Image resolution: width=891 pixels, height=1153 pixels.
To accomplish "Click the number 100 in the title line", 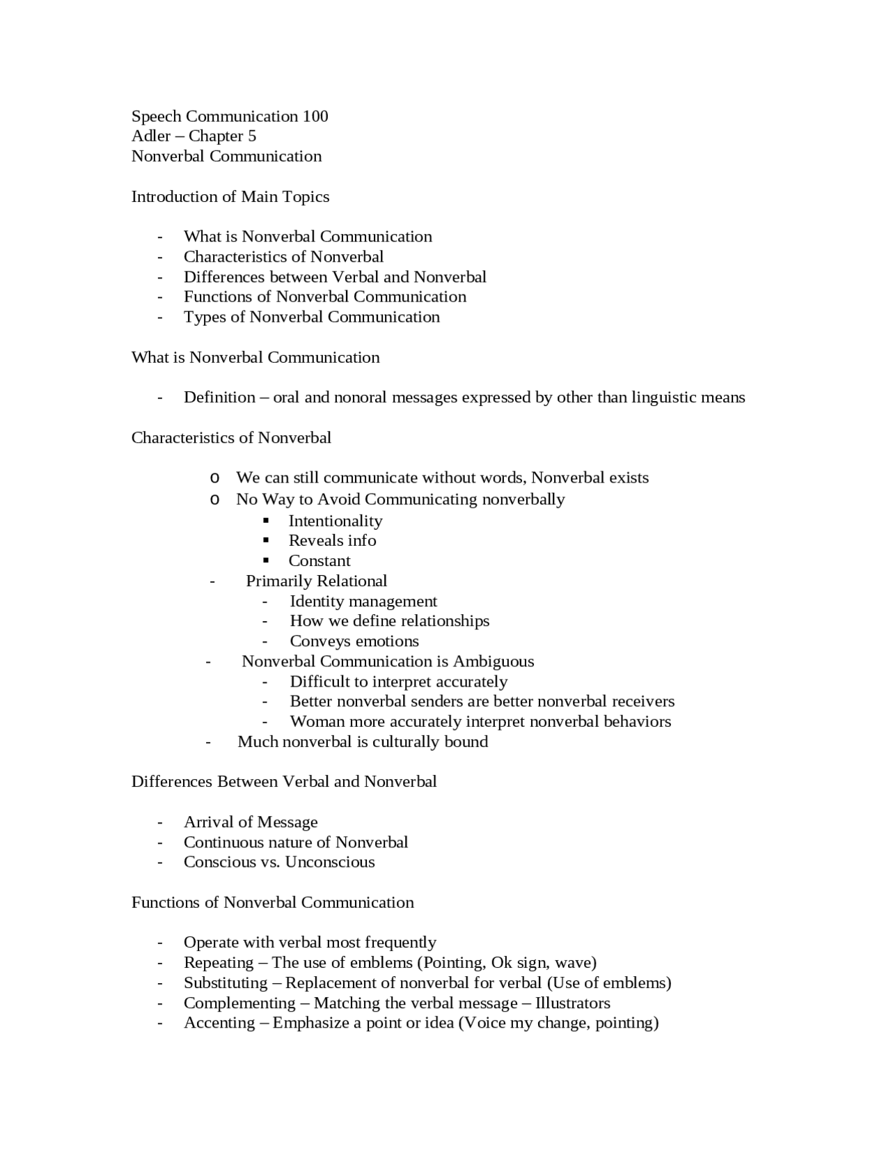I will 315,116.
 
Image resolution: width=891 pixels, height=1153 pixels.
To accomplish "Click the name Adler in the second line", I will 151,136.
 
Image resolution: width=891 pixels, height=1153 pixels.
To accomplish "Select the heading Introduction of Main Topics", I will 230,197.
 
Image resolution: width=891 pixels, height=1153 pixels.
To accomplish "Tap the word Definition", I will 219,398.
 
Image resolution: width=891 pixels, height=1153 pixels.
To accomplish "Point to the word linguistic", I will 664,398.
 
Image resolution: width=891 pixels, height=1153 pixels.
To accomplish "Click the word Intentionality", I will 336,521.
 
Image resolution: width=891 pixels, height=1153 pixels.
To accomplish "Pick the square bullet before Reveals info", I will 266,541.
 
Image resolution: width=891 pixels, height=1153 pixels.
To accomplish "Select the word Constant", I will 320,561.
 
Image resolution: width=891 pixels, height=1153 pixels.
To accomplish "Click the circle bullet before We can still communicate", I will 214,478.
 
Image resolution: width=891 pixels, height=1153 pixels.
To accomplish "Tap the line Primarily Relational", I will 316,581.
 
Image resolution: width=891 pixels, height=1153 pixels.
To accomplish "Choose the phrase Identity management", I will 363,602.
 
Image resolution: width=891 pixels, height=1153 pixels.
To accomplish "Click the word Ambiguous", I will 494,661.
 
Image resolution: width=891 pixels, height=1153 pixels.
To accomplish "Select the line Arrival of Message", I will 251,822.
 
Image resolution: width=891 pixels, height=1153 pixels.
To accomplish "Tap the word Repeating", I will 219,963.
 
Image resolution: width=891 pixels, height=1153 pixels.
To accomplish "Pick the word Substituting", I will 226,983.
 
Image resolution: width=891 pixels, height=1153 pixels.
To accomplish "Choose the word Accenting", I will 219,1023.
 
